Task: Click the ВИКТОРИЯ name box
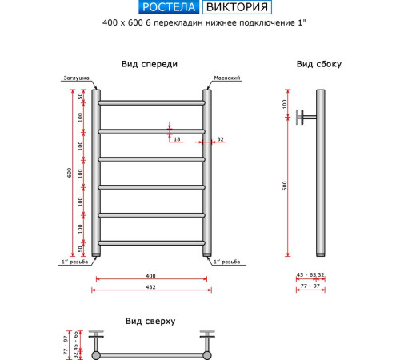point(235,9)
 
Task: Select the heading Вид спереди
point(150,64)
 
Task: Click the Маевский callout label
point(227,78)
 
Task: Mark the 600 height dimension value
point(69,173)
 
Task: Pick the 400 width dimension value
point(150,276)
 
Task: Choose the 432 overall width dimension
point(150,286)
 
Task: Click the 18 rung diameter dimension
point(177,139)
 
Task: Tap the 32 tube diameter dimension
point(220,139)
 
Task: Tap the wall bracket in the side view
point(305,116)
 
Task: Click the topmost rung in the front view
point(150,102)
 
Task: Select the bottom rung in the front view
point(150,242)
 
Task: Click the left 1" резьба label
point(74,262)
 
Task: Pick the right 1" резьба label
point(226,262)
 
